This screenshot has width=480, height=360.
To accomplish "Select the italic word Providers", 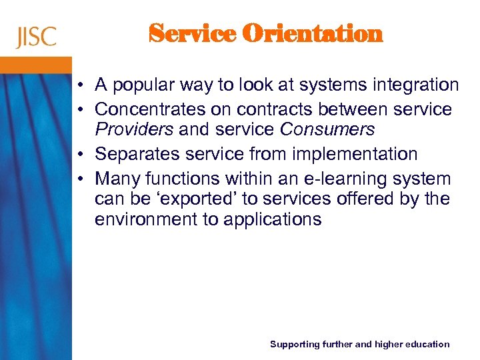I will click(x=134, y=129).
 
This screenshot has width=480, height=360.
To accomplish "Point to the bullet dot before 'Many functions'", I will click(x=79, y=179).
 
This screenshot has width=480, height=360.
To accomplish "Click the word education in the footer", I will click(x=423, y=344).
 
